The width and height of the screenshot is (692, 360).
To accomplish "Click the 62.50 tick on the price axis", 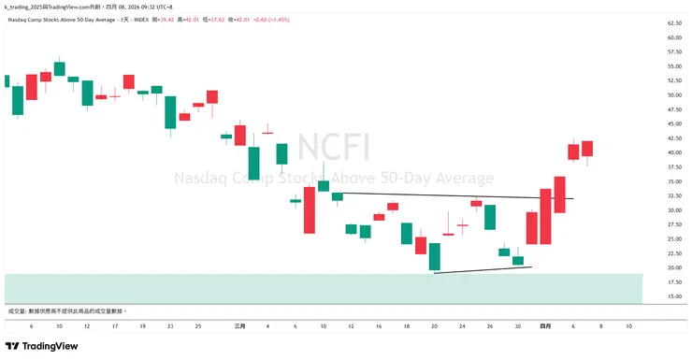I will [672, 22].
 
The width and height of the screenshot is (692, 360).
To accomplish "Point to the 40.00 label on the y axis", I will [672, 152].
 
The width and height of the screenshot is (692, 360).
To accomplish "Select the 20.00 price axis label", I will [672, 268].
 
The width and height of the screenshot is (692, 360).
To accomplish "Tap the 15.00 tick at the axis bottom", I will [672, 297].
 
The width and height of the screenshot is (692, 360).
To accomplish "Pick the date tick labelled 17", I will [114, 325].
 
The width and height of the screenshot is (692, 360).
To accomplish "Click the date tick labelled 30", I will [517, 325].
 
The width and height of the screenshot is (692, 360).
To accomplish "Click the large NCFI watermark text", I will [334, 148].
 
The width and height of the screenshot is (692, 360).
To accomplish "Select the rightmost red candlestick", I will [587, 149].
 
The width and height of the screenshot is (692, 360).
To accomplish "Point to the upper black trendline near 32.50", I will [449, 196].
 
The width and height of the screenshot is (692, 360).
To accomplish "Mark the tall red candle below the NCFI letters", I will [309, 210].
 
